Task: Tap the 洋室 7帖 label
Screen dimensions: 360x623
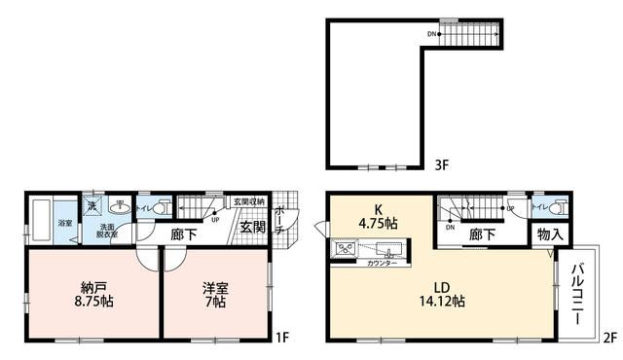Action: (214, 295)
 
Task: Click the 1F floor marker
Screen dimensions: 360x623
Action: (281, 339)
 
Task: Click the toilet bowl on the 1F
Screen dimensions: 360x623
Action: (161, 207)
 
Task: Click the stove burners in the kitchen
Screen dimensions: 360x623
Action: (346, 250)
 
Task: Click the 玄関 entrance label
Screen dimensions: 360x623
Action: (252, 228)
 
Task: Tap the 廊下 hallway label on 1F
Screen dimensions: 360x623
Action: (186, 234)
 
